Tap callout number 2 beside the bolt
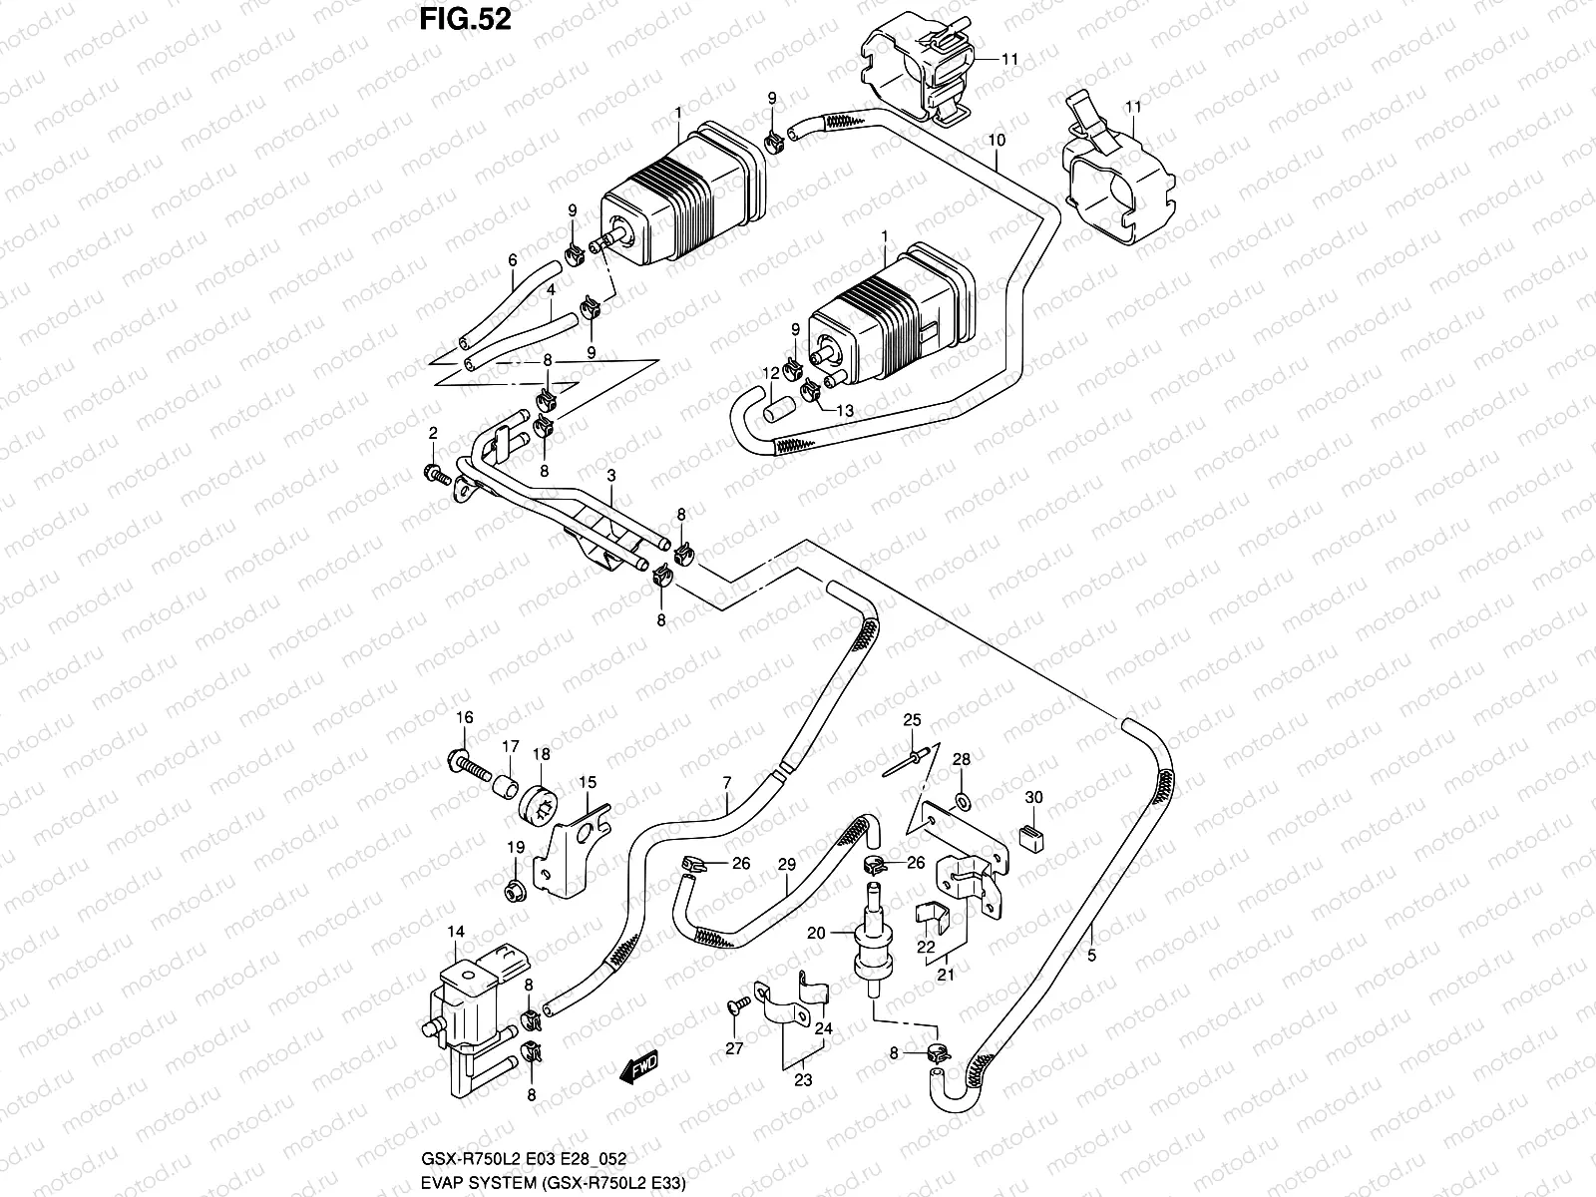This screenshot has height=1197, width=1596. (433, 433)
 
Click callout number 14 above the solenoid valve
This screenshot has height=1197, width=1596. (455, 933)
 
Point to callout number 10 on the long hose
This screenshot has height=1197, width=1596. (997, 141)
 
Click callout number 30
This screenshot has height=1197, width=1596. (1033, 798)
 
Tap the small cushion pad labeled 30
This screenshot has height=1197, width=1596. (1031, 836)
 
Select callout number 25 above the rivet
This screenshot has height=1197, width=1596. (910, 720)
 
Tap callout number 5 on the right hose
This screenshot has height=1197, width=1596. (1092, 956)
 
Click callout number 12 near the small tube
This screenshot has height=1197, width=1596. (770, 372)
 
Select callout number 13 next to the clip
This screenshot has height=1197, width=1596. (845, 410)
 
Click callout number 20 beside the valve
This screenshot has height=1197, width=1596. (816, 934)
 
